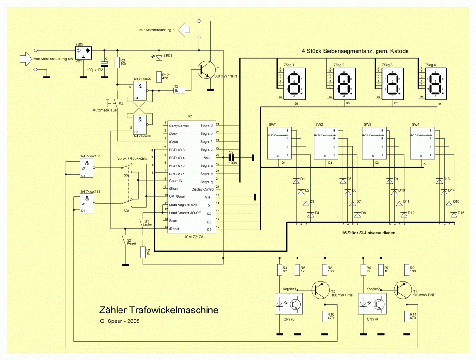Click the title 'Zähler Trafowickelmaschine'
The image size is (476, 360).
pos(159,310)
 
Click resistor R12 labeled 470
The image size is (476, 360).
pos(159,77)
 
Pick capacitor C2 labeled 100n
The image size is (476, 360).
pos(232,156)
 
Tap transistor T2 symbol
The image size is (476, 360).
pos(320,288)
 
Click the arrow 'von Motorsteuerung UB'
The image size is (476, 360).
pos(26,59)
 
